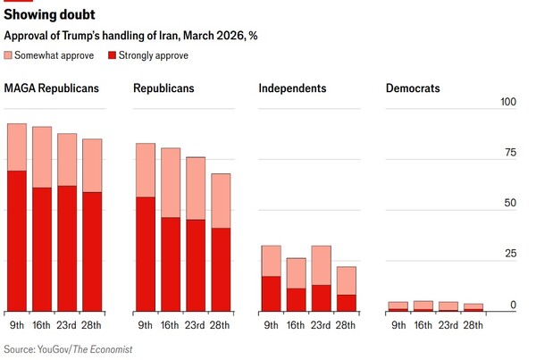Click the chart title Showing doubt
pos(51,16)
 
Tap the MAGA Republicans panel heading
pos(51,88)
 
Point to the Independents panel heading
pos(292,88)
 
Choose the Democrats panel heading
pos(413,88)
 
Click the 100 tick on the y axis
pos(507,101)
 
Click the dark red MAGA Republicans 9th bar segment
pos(17,241)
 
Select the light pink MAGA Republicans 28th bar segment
pos(92,165)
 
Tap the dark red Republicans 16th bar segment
pos(170,264)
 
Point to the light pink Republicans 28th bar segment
pos(221,201)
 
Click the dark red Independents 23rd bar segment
pos(321,298)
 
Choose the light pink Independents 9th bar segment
pos(271,261)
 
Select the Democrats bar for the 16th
pos(423,306)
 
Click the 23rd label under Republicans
pos(196,324)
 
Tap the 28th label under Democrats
pos(474,324)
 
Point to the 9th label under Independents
pos(271,324)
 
